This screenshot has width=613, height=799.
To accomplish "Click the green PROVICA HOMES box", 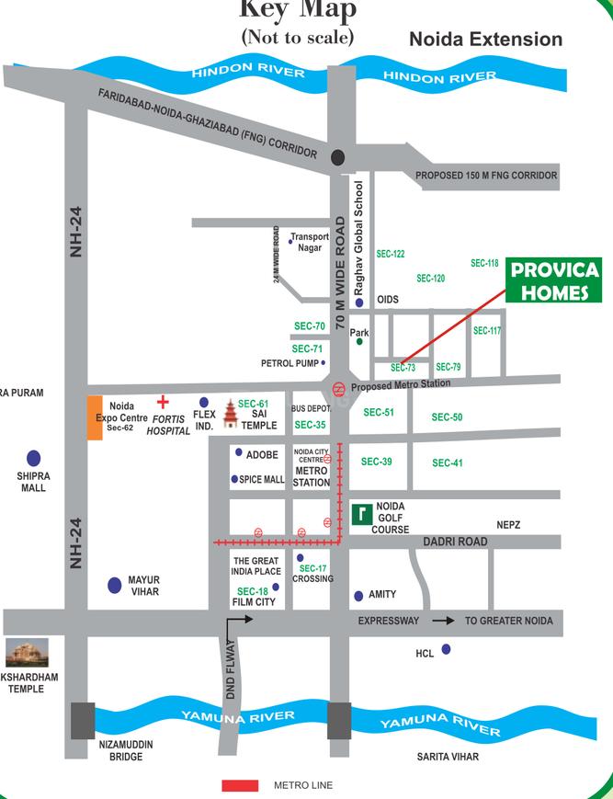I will pyautogui.click(x=555, y=281).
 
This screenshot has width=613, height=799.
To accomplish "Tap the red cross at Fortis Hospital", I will pyautogui.click(x=164, y=402).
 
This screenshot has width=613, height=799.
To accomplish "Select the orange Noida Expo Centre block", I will pyautogui.click(x=95, y=417).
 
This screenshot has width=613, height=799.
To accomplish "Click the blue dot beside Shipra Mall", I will pyautogui.click(x=34, y=457).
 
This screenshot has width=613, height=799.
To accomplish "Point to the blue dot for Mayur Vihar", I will pyautogui.click(x=115, y=585).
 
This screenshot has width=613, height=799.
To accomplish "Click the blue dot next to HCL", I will pyautogui.click(x=446, y=649).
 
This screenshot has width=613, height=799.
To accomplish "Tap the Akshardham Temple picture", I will pyautogui.click(x=28, y=653).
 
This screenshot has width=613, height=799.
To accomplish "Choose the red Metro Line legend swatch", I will pyautogui.click(x=240, y=785).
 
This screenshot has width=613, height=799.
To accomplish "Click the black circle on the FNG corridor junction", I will pyautogui.click(x=338, y=156).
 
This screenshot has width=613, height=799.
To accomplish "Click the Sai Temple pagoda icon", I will pyautogui.click(x=229, y=415).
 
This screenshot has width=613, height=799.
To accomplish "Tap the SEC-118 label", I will pyautogui.click(x=484, y=263).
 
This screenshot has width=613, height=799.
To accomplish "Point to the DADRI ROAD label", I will pyautogui.click(x=455, y=542).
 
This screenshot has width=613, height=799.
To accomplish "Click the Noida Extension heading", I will pyautogui.click(x=485, y=40).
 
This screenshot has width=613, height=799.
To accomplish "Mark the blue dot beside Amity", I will pyautogui.click(x=358, y=596).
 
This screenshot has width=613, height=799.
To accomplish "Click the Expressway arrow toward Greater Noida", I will pyautogui.click(x=443, y=622).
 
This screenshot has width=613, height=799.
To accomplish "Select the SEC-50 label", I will pyautogui.click(x=447, y=417).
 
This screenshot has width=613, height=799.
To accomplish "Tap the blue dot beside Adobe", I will pyautogui.click(x=238, y=452).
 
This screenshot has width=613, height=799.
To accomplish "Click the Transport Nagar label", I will pyautogui.click(x=310, y=242).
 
